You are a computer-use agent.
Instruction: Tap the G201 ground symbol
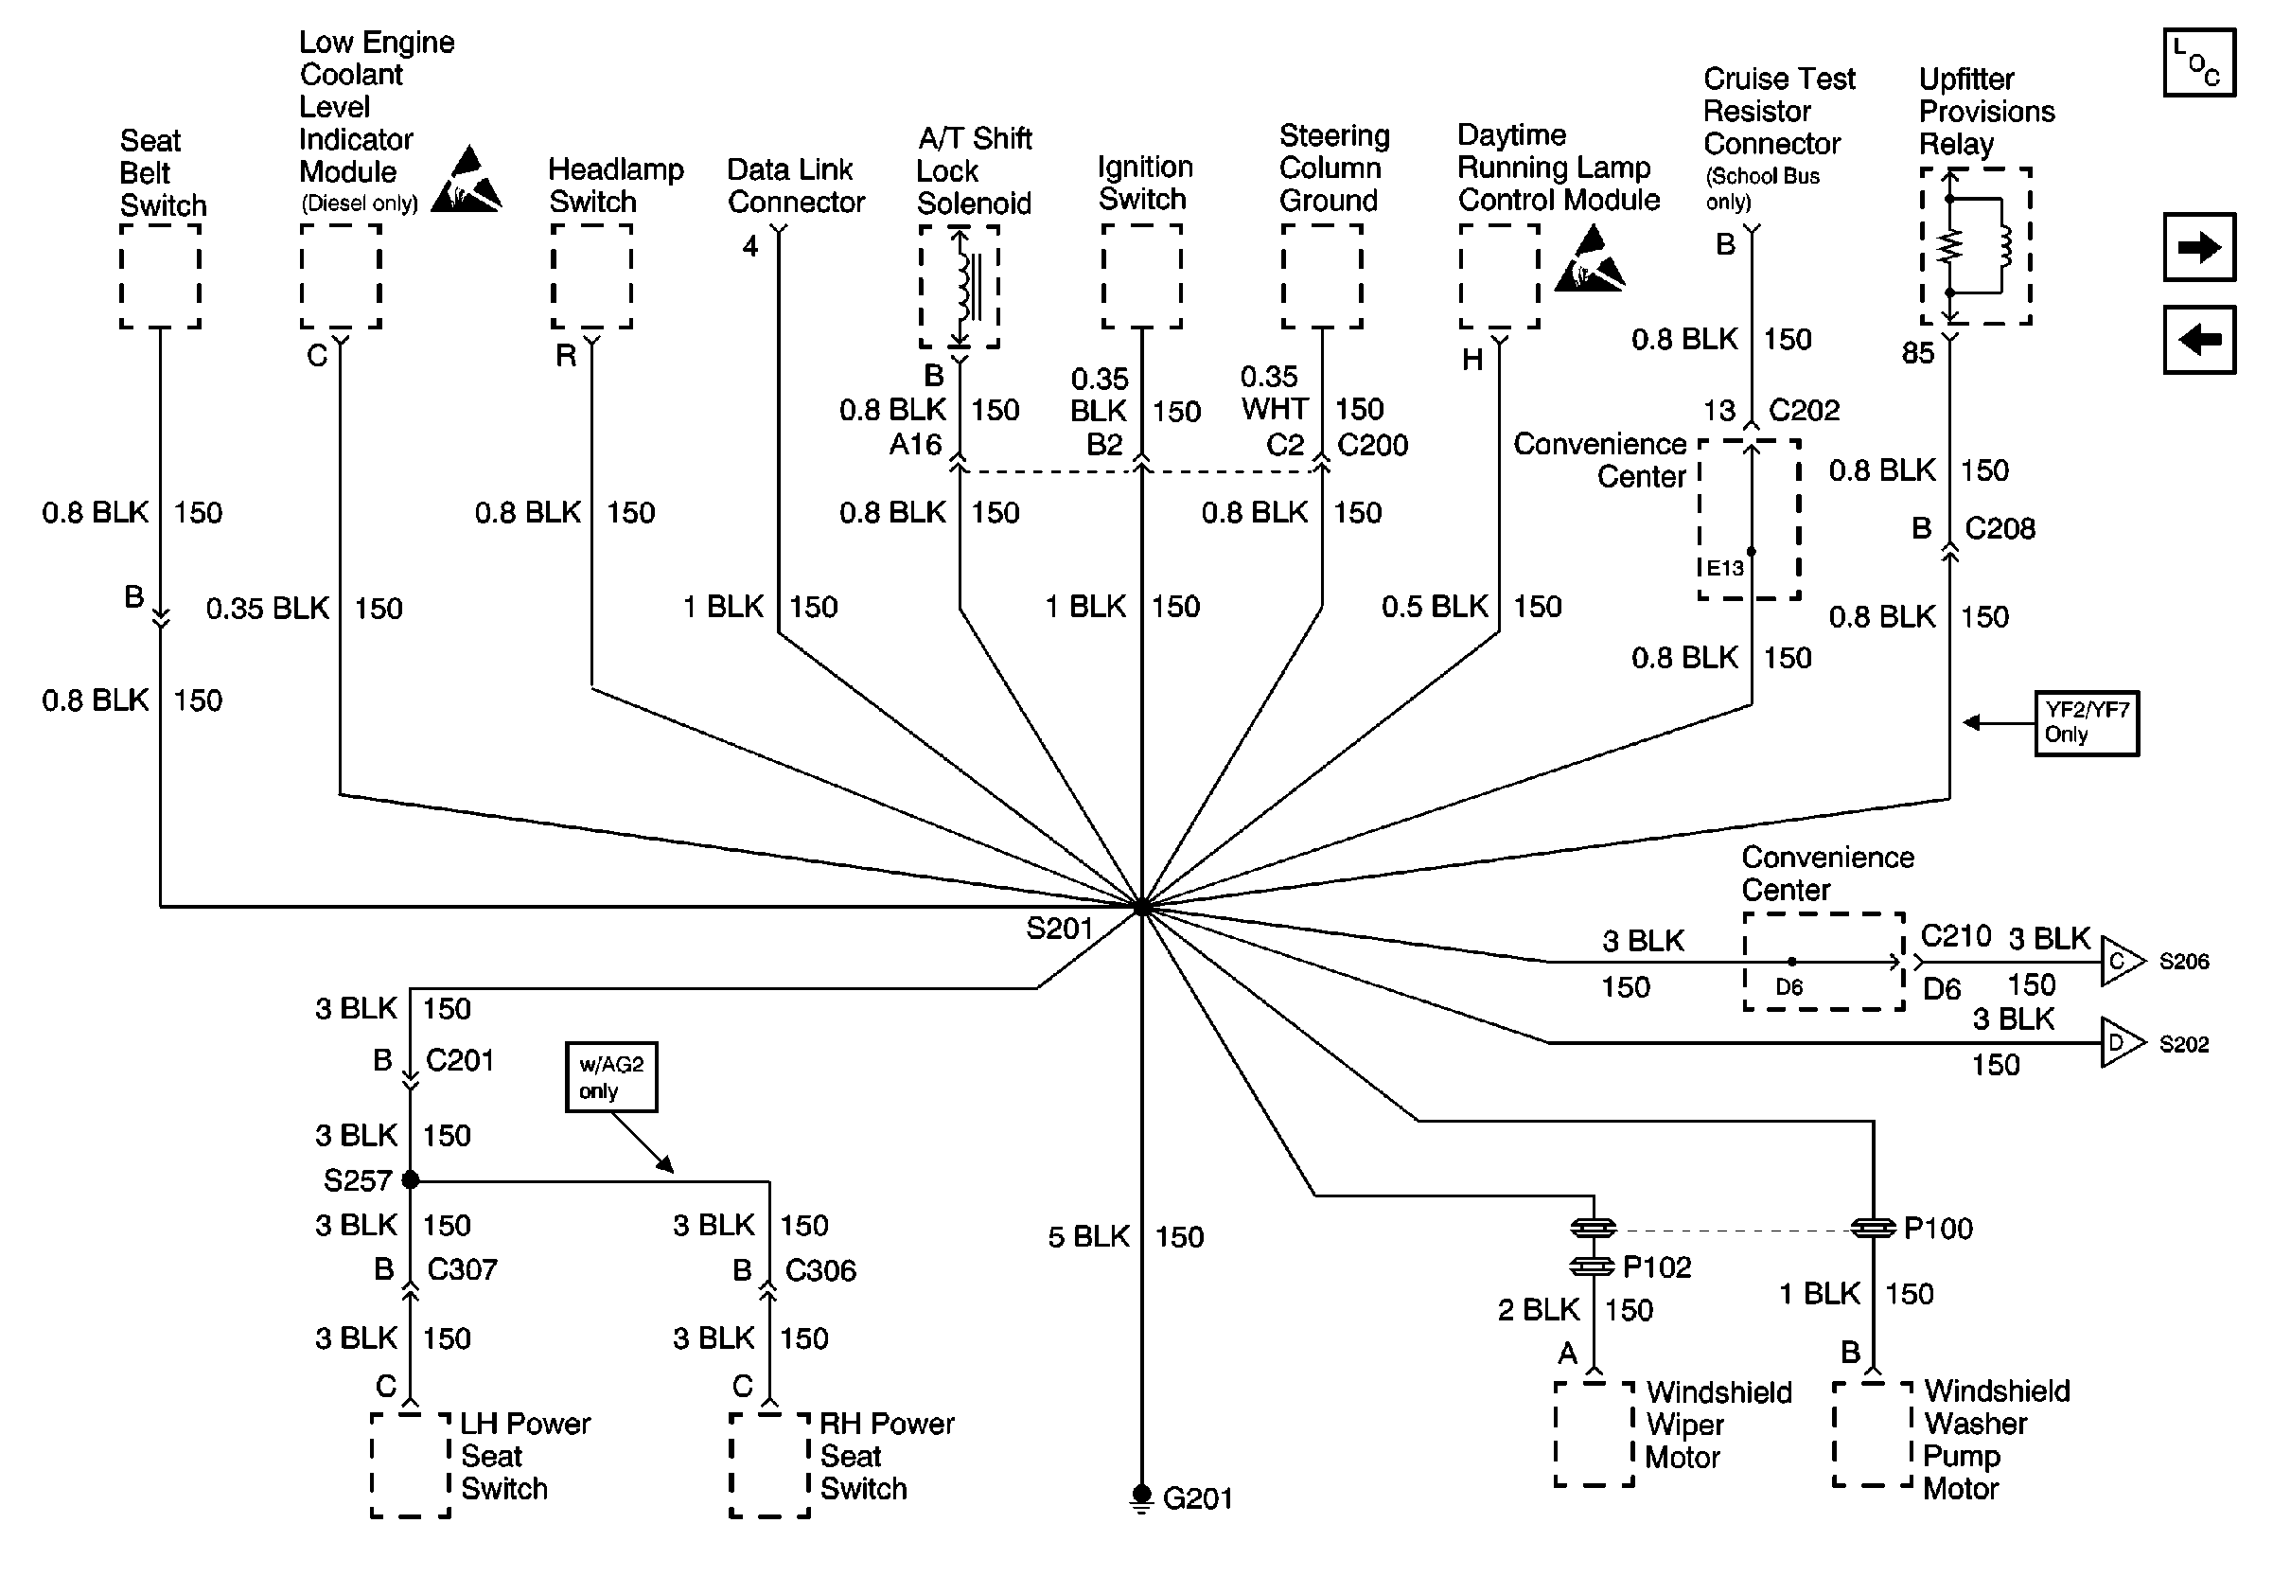(x=1141, y=1496)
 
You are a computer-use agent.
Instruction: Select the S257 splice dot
(x=410, y=1179)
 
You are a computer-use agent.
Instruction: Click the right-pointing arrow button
(x=2199, y=247)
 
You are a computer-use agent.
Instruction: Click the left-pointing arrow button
(x=2199, y=341)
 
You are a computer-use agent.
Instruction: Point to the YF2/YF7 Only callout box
(x=2086, y=724)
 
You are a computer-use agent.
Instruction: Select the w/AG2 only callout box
(x=610, y=1077)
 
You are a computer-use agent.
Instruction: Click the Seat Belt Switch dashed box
(x=160, y=276)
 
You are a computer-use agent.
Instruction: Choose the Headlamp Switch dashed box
(x=592, y=276)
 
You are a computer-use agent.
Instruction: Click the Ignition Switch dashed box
(x=1141, y=276)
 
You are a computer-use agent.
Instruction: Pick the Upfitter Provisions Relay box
(x=1975, y=246)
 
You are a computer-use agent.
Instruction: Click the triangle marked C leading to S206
(x=2121, y=962)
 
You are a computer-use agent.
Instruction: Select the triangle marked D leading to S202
(x=2121, y=1042)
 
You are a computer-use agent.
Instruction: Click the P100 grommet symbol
(x=1873, y=1229)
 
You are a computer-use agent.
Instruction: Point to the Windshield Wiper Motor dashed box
(x=1594, y=1435)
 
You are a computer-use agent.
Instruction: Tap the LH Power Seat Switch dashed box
(x=411, y=1465)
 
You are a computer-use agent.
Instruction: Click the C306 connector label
(x=819, y=1270)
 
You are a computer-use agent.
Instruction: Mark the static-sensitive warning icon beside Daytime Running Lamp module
(x=1590, y=261)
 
